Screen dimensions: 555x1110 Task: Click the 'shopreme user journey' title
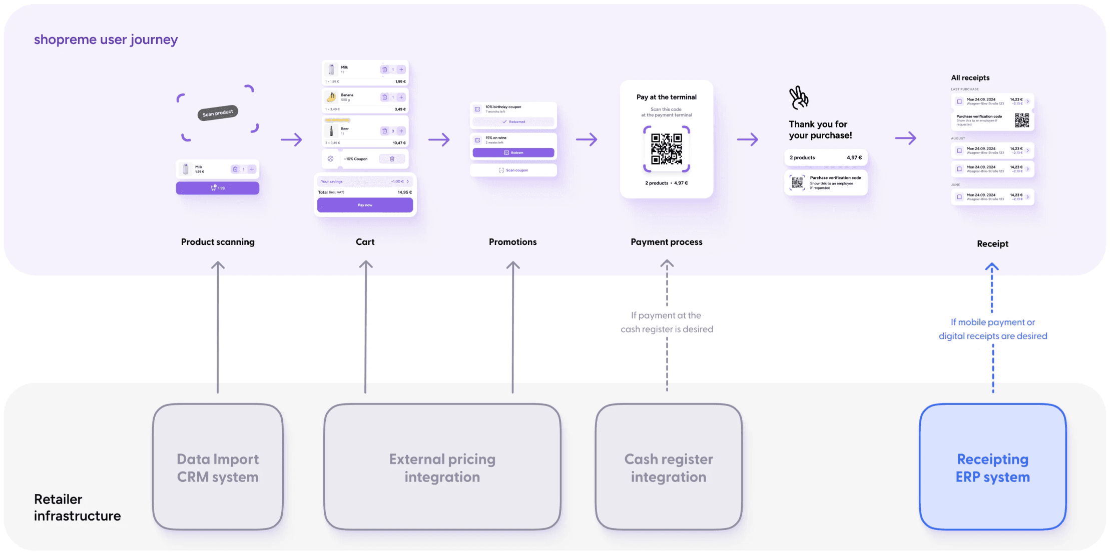coord(106,39)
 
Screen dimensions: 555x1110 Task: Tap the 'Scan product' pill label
coord(218,113)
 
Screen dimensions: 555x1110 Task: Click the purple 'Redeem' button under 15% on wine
coord(513,152)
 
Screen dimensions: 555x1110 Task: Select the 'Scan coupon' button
coord(513,170)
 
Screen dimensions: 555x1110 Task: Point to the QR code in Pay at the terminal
coord(666,149)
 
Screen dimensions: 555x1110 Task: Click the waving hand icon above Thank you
coord(799,97)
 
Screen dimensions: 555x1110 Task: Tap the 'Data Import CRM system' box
coord(218,467)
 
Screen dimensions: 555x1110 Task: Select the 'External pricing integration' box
coord(442,467)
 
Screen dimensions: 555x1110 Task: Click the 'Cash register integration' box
coord(668,467)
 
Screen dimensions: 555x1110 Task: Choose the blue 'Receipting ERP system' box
coord(992,467)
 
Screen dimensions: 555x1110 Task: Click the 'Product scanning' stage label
coord(218,242)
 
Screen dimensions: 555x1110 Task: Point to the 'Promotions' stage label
coord(512,242)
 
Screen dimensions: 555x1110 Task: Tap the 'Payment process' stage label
coord(666,242)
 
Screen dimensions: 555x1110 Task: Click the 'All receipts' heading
coord(970,78)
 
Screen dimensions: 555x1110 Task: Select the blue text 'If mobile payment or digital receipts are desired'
coord(992,329)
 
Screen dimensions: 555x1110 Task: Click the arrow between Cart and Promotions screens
coord(439,139)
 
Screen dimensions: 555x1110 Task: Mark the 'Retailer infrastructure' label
coord(77,507)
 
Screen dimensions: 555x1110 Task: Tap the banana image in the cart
coord(331,97)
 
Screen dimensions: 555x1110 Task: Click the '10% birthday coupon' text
coord(503,107)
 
